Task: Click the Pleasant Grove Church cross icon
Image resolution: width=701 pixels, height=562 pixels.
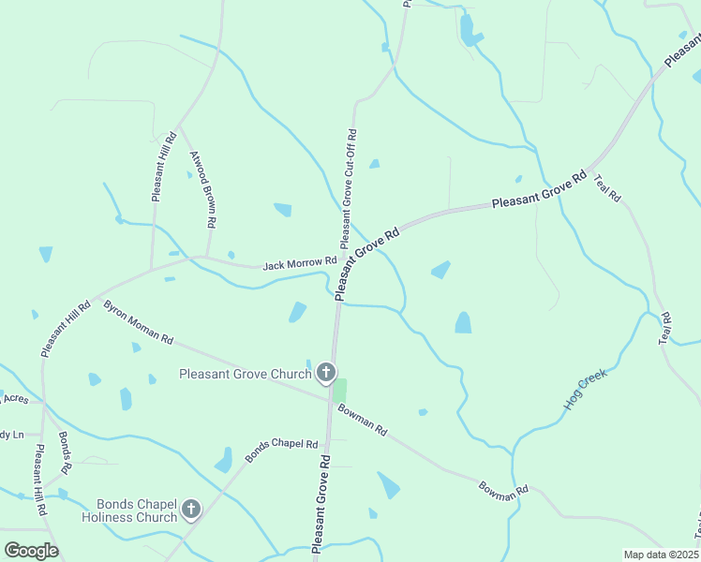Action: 326,374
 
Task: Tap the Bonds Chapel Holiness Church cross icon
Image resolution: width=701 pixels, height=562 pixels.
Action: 190,510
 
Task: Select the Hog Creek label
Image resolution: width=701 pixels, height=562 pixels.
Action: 586,389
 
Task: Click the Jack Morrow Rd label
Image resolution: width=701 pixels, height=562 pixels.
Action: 299,264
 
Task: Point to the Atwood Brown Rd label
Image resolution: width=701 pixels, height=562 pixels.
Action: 203,190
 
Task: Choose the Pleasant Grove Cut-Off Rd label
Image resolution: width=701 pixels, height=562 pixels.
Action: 349,188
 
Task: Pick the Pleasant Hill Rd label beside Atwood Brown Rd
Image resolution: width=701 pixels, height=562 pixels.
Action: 163,167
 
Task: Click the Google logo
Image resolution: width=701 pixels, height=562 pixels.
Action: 31,551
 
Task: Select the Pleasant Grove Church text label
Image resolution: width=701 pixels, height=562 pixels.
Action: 245,375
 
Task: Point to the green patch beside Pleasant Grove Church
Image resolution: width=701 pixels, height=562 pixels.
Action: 339,390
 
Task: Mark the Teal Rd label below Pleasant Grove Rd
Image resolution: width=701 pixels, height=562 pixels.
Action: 607,188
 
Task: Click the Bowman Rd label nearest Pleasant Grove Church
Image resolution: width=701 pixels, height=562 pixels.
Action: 363,419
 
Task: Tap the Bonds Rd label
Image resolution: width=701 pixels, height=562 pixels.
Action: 66,452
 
